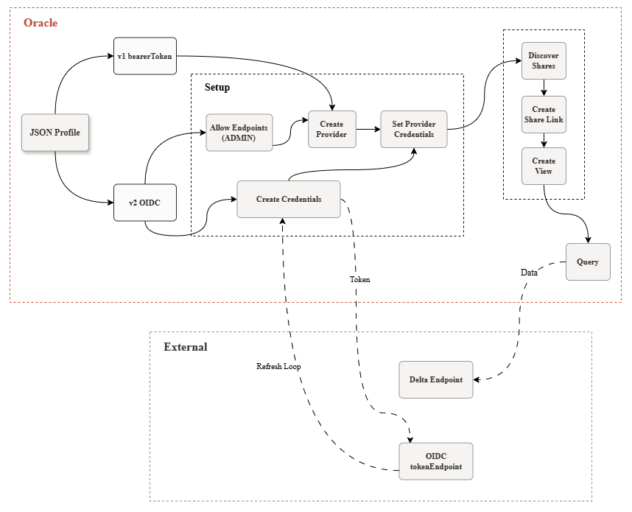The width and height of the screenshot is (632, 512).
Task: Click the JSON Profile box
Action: tap(55, 133)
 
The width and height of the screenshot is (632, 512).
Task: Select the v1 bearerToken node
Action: tap(145, 56)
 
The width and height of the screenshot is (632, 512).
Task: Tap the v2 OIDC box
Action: tap(145, 203)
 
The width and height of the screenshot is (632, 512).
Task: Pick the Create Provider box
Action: tap(331, 130)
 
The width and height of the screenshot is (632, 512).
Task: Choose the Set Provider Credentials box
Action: tap(413, 130)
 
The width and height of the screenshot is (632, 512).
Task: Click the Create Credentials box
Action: tap(289, 199)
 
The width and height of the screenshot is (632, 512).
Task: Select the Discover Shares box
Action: tap(544, 60)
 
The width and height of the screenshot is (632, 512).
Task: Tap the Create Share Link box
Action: tap(544, 114)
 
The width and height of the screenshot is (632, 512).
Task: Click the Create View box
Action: tap(544, 166)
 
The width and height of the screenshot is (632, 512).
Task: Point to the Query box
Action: tap(588, 262)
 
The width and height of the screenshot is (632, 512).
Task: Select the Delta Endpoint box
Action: tap(435, 379)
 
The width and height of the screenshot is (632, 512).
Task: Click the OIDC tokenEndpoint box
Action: tap(435, 461)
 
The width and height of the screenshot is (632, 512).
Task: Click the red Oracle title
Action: tap(41, 23)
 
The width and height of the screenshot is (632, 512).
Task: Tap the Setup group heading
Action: tap(217, 88)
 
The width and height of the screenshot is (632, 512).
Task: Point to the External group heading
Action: tap(185, 347)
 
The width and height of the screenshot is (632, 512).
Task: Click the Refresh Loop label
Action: tap(278, 366)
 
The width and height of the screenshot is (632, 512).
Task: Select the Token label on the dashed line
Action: tap(359, 280)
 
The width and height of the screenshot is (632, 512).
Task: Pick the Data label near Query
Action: tap(529, 272)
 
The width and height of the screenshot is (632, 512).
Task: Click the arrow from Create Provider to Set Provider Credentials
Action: tap(368, 130)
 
